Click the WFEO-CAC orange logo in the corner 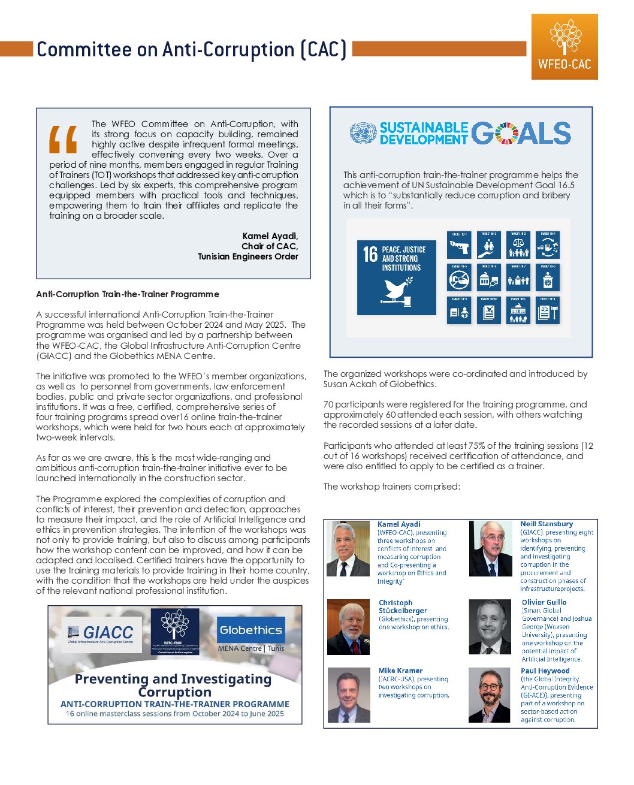(x=564, y=47)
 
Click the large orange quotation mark (x=64, y=140)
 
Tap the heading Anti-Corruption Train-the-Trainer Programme (x=128, y=294)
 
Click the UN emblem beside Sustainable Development (x=363, y=133)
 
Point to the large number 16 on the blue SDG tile (x=370, y=254)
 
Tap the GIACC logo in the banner (x=100, y=633)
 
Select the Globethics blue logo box (x=250, y=630)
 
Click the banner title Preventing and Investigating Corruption (x=173, y=685)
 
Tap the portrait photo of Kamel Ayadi (x=348, y=549)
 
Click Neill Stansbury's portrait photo (x=490, y=549)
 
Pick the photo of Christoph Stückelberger (x=348, y=627)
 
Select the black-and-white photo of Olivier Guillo (x=490, y=627)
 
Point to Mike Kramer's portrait (x=349, y=695)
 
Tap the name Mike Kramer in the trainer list (x=400, y=671)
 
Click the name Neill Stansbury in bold (x=547, y=524)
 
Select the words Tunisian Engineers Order (x=248, y=256)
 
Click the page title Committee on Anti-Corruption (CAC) (x=192, y=49)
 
